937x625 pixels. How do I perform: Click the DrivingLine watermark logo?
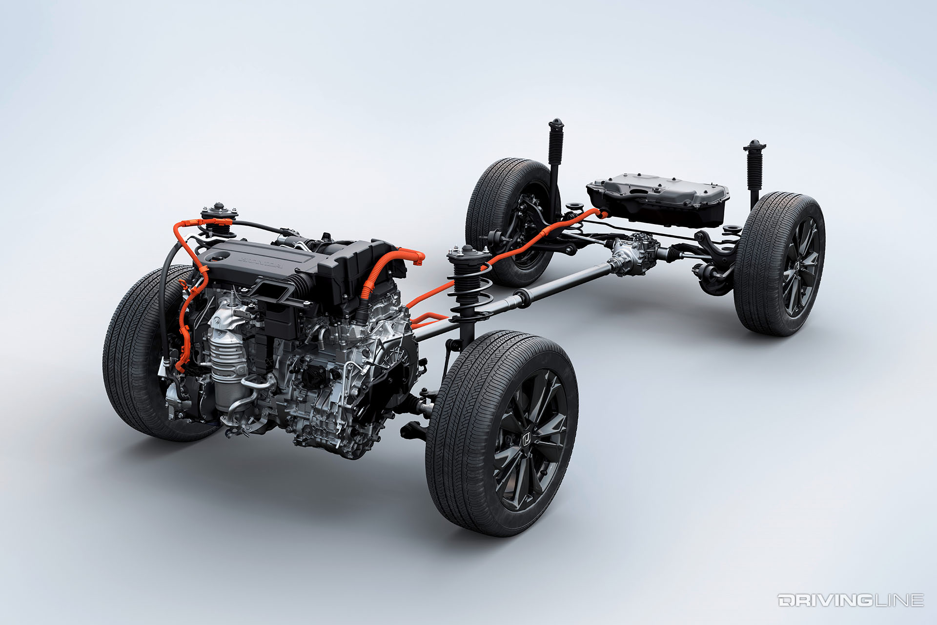(851, 600)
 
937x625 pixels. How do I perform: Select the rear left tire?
(508, 220)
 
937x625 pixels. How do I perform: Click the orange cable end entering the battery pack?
(601, 212)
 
